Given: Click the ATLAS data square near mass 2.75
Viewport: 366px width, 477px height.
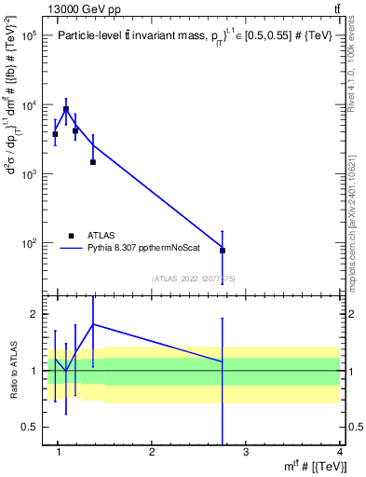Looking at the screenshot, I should click(223, 251).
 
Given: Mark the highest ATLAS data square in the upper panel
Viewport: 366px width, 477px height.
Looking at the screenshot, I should click(66, 109).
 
